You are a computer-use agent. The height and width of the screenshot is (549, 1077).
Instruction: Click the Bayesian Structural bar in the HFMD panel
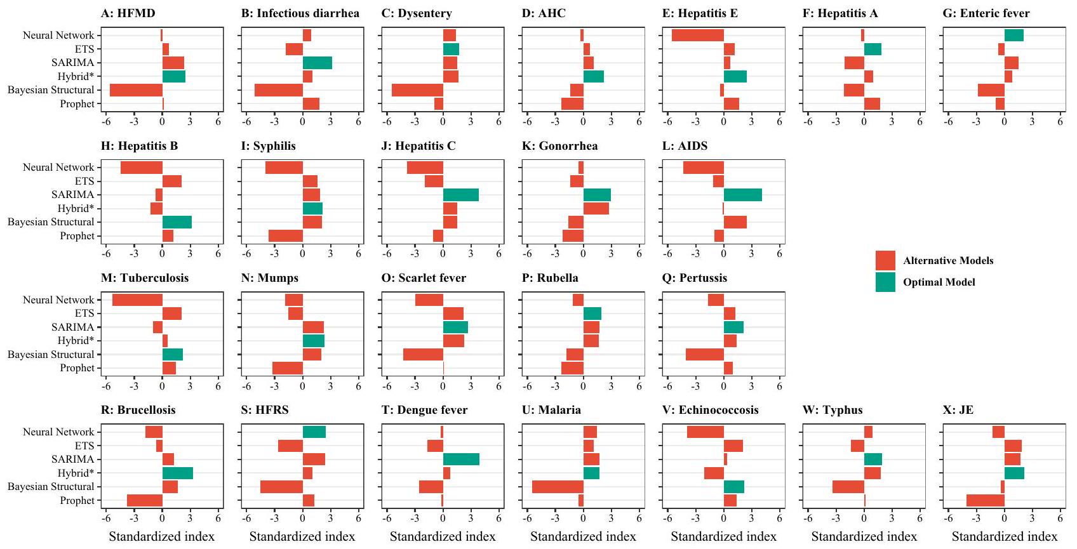pos(136,90)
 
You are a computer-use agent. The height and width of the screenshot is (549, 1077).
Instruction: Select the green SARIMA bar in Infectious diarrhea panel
pos(317,63)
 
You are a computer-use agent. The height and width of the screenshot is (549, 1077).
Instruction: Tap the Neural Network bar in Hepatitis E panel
pos(697,36)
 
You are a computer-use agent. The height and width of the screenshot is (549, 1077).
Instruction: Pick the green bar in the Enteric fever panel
pos(1013,36)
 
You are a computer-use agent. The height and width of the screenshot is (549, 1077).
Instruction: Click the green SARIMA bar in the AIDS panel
pos(742,195)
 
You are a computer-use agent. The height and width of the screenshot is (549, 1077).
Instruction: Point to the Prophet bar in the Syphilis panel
pos(285,236)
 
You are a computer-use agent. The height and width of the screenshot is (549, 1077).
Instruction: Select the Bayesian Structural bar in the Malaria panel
pos(558,487)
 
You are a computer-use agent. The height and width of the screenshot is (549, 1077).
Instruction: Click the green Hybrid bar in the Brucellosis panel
pos(177,473)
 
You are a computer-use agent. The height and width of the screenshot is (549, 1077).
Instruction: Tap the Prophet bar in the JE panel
pos(985,501)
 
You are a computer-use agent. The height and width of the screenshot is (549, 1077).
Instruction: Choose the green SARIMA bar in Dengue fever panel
pos(461,460)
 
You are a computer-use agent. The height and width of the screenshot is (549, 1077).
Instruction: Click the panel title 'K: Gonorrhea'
pos(559,146)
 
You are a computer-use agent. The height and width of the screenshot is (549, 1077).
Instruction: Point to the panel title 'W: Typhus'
pos(832,410)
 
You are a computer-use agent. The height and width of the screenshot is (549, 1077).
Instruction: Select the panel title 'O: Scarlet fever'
pos(424,278)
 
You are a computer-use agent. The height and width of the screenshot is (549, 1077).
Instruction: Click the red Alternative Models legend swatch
pos(885,261)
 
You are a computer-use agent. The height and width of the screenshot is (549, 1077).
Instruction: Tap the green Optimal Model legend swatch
pos(885,282)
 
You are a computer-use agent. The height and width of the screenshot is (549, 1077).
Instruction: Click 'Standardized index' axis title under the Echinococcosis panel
pos(723,537)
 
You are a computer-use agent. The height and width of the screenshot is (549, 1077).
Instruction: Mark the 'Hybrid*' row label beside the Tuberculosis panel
pos(76,341)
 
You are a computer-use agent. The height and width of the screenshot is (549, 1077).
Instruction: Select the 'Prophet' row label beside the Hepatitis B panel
pos(77,236)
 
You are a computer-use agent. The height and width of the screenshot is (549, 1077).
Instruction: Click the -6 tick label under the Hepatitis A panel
pos(808,122)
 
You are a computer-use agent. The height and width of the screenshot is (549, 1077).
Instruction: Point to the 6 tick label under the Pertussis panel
pos(779,386)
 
